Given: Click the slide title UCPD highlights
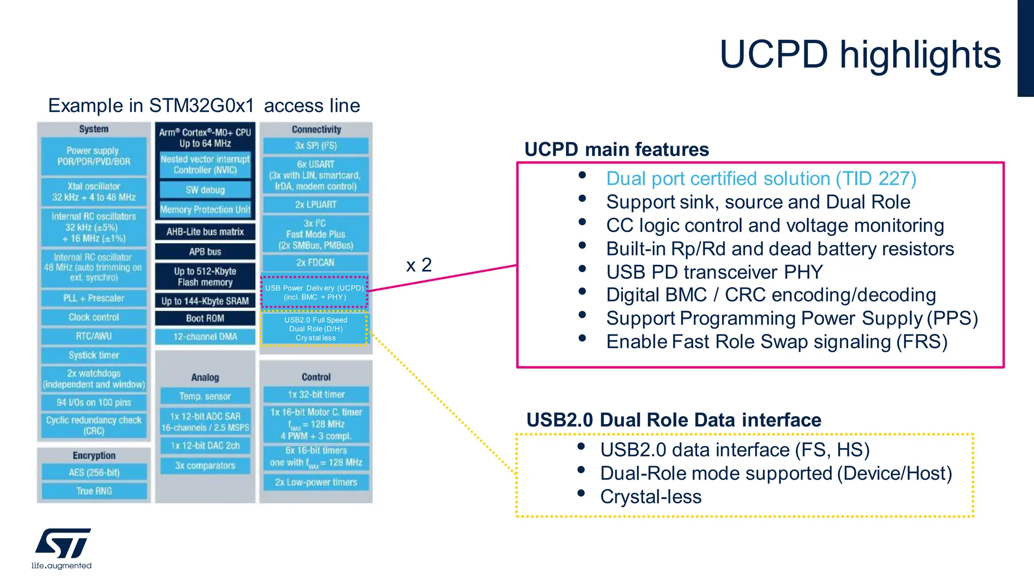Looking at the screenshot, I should pos(859,54).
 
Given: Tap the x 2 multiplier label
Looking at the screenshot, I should pos(419,265).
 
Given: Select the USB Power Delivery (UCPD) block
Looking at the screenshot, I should pos(315,293).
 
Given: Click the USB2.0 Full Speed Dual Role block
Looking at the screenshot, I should pos(315,329).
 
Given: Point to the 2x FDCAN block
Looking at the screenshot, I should pos(316,263).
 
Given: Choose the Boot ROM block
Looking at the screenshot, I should pos(205,318).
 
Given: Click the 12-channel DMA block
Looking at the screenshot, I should pos(205,336).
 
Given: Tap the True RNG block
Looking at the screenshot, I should pos(94,491).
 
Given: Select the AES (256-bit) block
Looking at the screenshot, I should pos(94,473).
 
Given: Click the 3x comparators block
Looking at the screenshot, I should pos(205,466).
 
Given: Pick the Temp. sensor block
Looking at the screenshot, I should pos(205,396).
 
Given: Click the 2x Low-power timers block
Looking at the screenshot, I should pos(316,482).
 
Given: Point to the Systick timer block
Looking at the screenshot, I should pos(94,355).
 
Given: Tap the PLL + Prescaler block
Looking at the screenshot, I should pos(94,298).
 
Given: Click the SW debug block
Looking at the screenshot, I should pos(205,190).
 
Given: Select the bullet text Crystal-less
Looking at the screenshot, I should pos(650,497).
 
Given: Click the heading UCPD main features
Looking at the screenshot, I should pos(616,150).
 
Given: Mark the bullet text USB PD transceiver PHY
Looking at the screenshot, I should pos(714,272).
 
